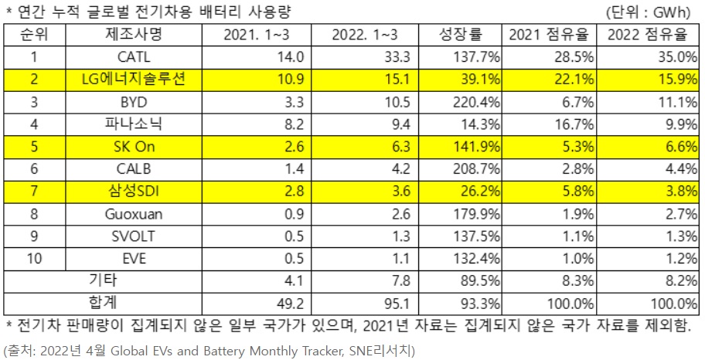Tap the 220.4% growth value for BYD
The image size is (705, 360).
[478, 102]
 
